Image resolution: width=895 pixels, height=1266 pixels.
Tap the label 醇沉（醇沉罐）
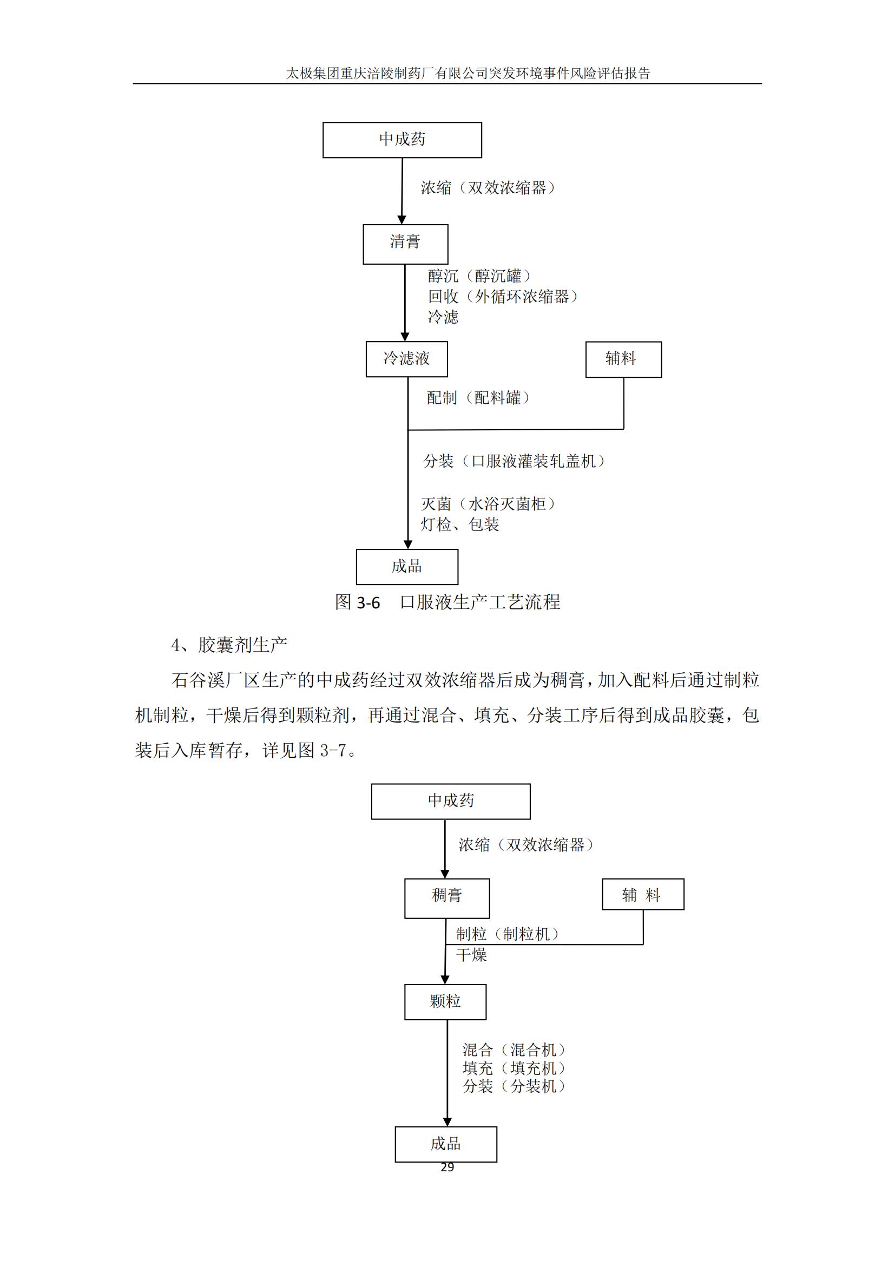click(x=479, y=275)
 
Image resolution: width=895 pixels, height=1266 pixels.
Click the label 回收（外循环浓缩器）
click(x=503, y=297)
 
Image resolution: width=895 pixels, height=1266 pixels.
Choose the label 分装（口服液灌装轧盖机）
click(x=514, y=461)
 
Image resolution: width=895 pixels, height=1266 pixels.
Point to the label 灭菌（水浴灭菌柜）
click(x=488, y=503)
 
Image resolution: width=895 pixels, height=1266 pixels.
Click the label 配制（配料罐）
click(x=478, y=398)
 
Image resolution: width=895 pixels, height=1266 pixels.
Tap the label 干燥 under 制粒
click(x=472, y=954)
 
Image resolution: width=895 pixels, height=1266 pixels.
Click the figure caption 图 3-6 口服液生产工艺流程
click(x=448, y=601)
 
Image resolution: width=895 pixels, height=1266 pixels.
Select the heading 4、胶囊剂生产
click(x=229, y=645)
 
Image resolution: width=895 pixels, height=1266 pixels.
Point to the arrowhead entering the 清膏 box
click(x=402, y=220)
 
